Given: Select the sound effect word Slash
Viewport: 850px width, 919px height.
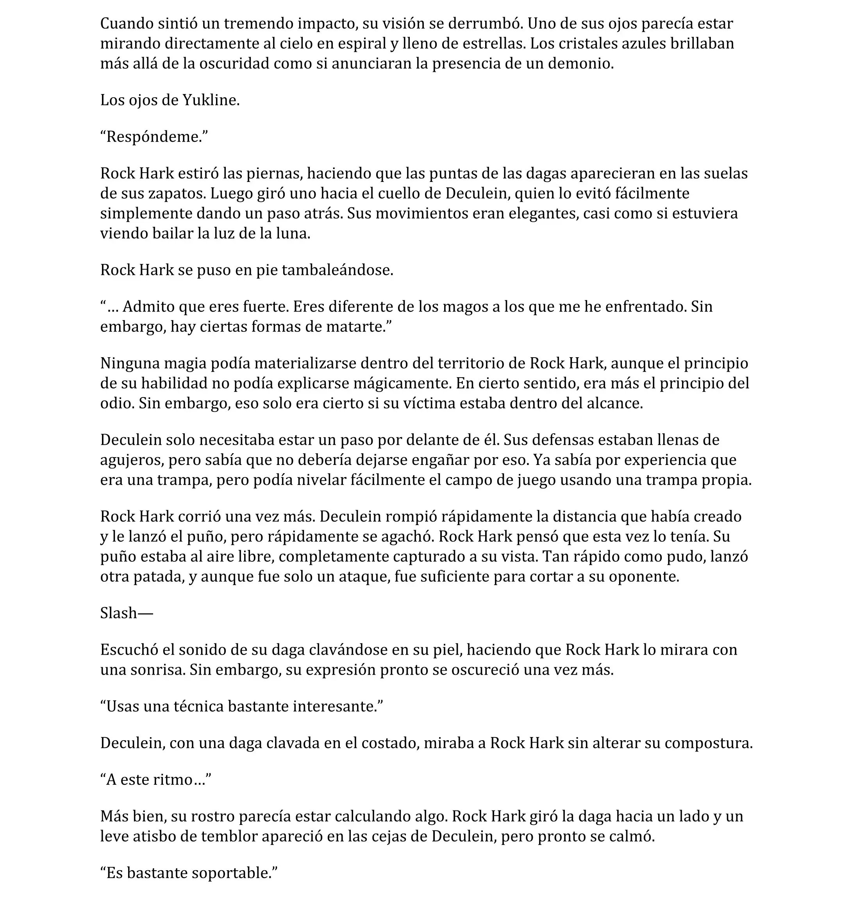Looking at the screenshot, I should [119, 613].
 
